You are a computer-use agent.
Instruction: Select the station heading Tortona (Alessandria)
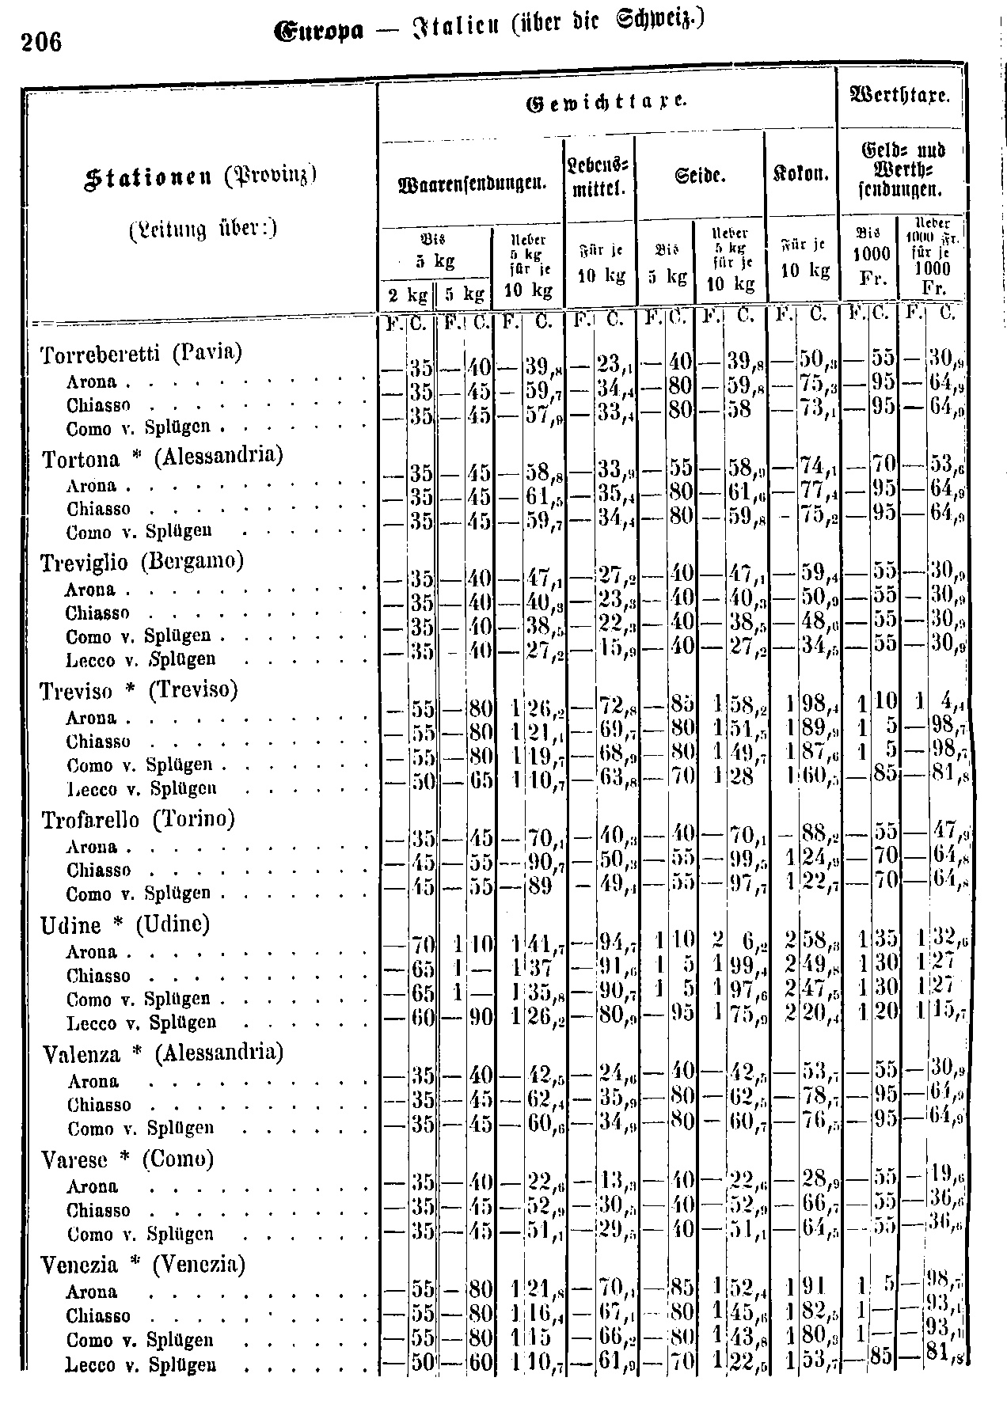[x=162, y=458]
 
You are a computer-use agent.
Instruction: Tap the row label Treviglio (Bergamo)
[x=142, y=562]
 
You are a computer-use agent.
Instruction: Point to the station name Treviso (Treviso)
[x=139, y=691]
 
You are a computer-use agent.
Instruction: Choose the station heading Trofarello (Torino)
[x=138, y=820]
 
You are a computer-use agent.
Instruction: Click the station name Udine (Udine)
[x=125, y=924]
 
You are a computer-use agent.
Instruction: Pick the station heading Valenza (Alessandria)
[x=162, y=1053]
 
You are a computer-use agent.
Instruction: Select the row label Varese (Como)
[x=127, y=1159]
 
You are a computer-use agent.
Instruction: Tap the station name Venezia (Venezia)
[x=142, y=1265]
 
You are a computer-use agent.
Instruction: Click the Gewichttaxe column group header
[x=606, y=103]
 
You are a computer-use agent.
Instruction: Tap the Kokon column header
[x=801, y=175]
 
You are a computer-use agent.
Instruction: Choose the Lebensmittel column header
[x=598, y=178]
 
